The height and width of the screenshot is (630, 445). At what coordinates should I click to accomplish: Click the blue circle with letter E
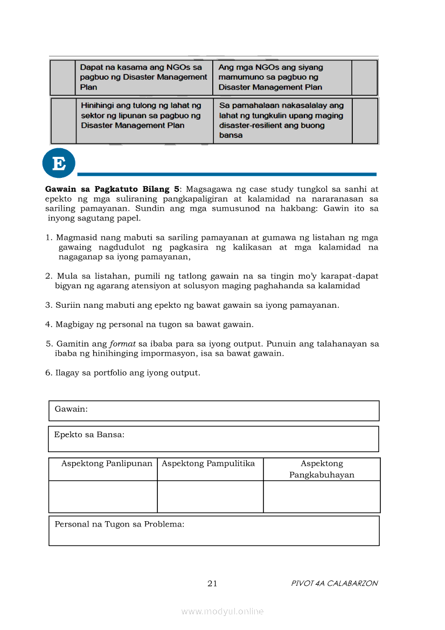(x=58, y=163)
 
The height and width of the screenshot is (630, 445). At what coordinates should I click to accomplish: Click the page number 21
(x=212, y=583)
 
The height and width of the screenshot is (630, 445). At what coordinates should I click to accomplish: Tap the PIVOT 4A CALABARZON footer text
(x=334, y=583)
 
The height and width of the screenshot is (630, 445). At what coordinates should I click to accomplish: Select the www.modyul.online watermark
(x=222, y=611)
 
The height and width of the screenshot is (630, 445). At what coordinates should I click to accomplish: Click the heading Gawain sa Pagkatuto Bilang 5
(x=112, y=189)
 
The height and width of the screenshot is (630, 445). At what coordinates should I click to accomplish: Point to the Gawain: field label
(x=71, y=409)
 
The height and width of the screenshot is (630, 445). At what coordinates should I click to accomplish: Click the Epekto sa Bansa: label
(x=89, y=434)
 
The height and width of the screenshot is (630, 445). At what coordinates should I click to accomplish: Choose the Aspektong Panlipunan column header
(x=107, y=463)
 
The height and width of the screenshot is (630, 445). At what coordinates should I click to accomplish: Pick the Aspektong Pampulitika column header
(x=208, y=463)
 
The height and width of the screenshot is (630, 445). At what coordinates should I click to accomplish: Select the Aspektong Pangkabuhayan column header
(x=322, y=469)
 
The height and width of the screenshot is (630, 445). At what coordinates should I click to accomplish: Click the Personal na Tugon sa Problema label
(x=119, y=524)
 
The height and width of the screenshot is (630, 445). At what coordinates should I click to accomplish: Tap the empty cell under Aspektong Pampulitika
(x=210, y=496)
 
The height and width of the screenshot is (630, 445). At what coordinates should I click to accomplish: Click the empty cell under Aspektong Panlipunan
(x=103, y=496)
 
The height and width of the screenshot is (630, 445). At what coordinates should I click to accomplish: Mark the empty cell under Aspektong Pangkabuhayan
(x=322, y=496)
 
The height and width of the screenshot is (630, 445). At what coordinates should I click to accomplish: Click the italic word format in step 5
(x=123, y=344)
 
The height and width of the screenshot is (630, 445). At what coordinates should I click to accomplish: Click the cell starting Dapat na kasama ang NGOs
(x=143, y=77)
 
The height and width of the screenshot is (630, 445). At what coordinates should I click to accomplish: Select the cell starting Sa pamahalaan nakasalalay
(x=282, y=120)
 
